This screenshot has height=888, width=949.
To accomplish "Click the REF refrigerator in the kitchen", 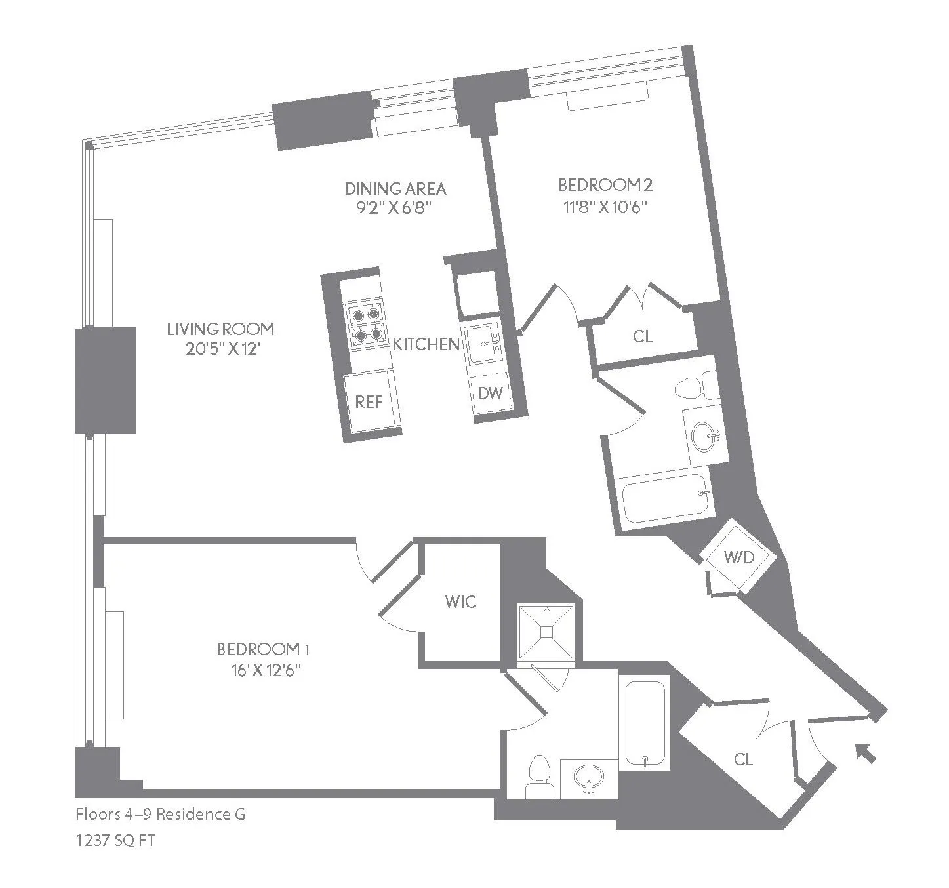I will click(x=369, y=401).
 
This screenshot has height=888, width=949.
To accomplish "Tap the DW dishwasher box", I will click(x=491, y=393).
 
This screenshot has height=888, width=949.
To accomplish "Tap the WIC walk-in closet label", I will click(x=460, y=601).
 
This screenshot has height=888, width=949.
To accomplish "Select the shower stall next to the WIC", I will click(x=546, y=632).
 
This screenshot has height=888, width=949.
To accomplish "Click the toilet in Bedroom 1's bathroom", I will click(x=540, y=777).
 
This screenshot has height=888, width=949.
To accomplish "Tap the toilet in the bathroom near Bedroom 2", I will click(x=693, y=388).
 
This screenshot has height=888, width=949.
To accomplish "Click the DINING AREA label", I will click(x=395, y=189).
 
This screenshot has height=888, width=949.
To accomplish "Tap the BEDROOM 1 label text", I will click(x=262, y=649).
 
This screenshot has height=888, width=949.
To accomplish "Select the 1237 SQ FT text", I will click(x=115, y=840).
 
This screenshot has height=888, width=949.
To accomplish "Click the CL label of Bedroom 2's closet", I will click(x=643, y=336).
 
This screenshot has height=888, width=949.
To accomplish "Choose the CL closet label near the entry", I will click(x=742, y=759).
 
